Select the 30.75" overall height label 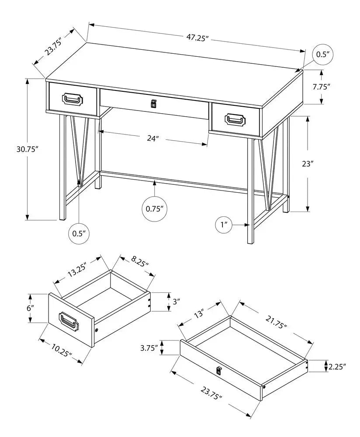pos(26,149)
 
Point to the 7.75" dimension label pos(321,87)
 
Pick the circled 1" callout pos(225,225)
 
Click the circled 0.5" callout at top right pos(322,55)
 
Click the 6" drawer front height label pos(30,308)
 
